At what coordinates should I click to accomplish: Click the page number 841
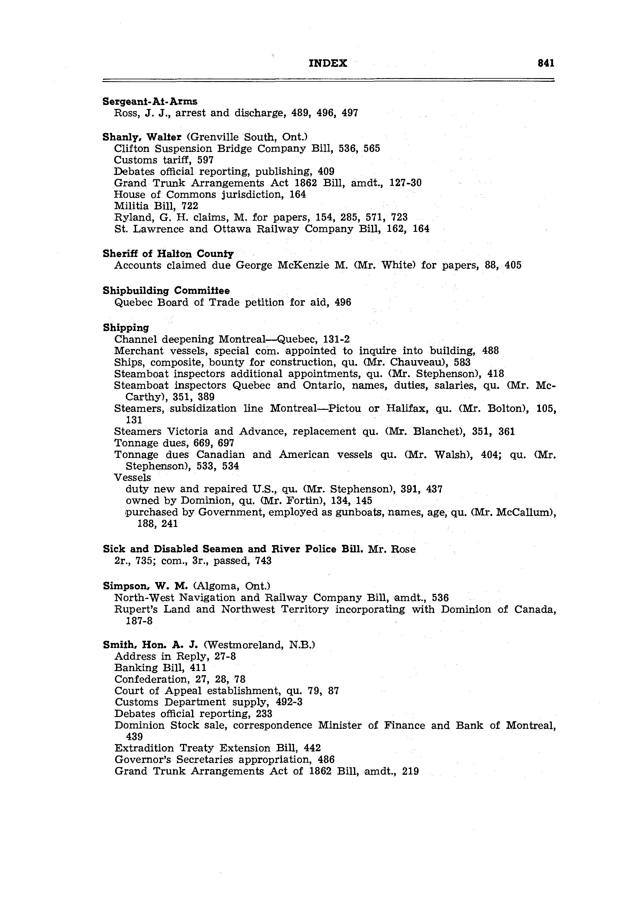(546, 63)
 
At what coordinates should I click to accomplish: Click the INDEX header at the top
(328, 63)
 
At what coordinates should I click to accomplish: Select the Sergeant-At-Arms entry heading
(150, 102)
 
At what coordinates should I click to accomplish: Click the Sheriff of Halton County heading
(168, 254)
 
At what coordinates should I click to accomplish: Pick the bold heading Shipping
(126, 327)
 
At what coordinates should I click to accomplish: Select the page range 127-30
(406, 183)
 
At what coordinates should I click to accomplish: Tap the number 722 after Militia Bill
(190, 206)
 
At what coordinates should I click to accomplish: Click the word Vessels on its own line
(133, 477)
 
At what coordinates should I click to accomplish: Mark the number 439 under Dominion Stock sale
(134, 736)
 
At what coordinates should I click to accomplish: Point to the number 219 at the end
(410, 771)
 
